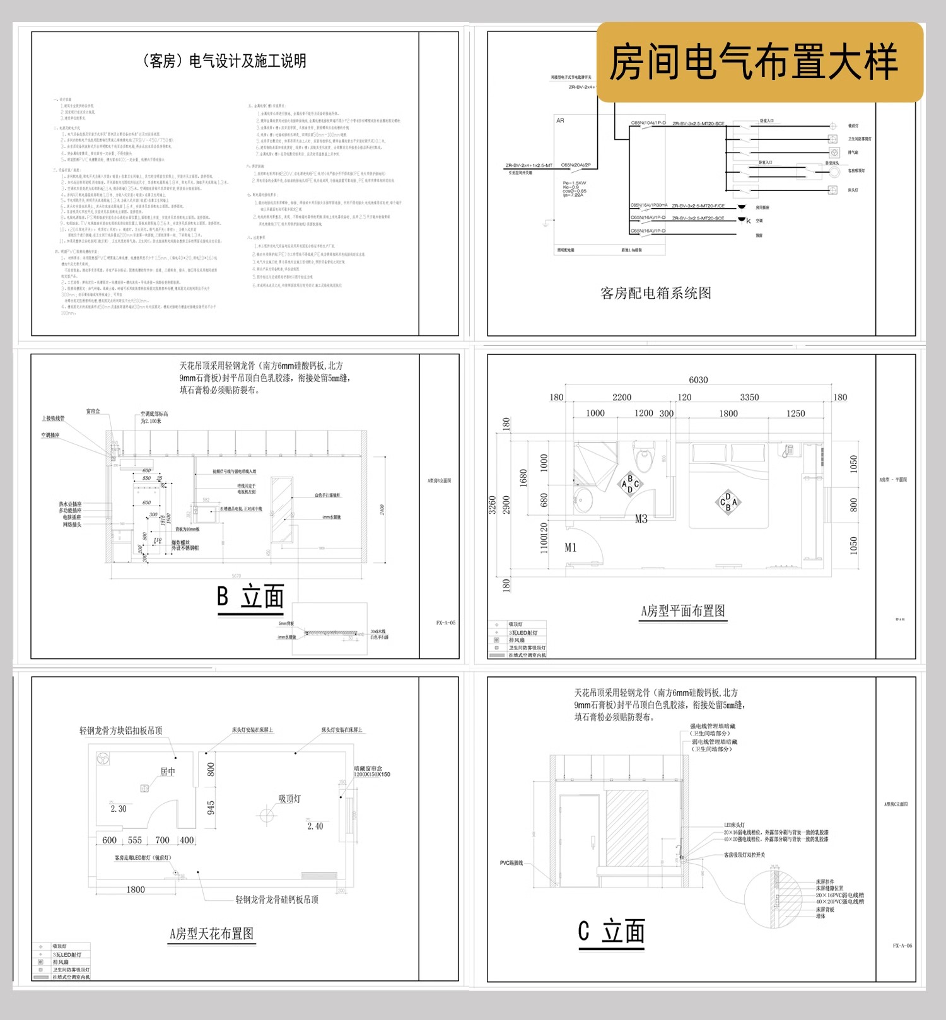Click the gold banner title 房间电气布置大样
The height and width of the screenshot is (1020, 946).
click(753, 62)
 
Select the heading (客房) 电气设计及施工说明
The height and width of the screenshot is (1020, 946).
click(225, 61)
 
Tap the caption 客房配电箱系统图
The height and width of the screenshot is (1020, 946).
click(656, 293)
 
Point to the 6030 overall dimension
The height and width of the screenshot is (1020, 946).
click(698, 380)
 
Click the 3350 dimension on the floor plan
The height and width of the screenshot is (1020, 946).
click(749, 397)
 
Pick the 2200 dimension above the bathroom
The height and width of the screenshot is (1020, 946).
click(621, 397)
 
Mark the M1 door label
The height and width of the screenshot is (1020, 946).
click(571, 547)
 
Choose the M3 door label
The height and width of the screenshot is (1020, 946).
click(641, 519)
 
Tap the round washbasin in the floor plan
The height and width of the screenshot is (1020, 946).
click(583, 502)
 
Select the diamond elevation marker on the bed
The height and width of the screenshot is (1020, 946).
click(728, 502)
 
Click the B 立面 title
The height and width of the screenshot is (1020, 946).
click(250, 596)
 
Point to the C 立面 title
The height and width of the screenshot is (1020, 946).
click(611, 931)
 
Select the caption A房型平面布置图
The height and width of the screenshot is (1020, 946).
click(683, 611)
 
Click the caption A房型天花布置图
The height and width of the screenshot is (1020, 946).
click(212, 934)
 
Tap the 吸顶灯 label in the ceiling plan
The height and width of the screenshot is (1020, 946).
click(289, 799)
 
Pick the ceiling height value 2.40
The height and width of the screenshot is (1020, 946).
click(315, 826)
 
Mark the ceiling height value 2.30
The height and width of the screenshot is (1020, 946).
click(119, 809)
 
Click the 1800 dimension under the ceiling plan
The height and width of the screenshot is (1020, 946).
click(136, 890)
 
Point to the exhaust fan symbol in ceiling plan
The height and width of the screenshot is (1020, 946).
click(103, 759)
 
